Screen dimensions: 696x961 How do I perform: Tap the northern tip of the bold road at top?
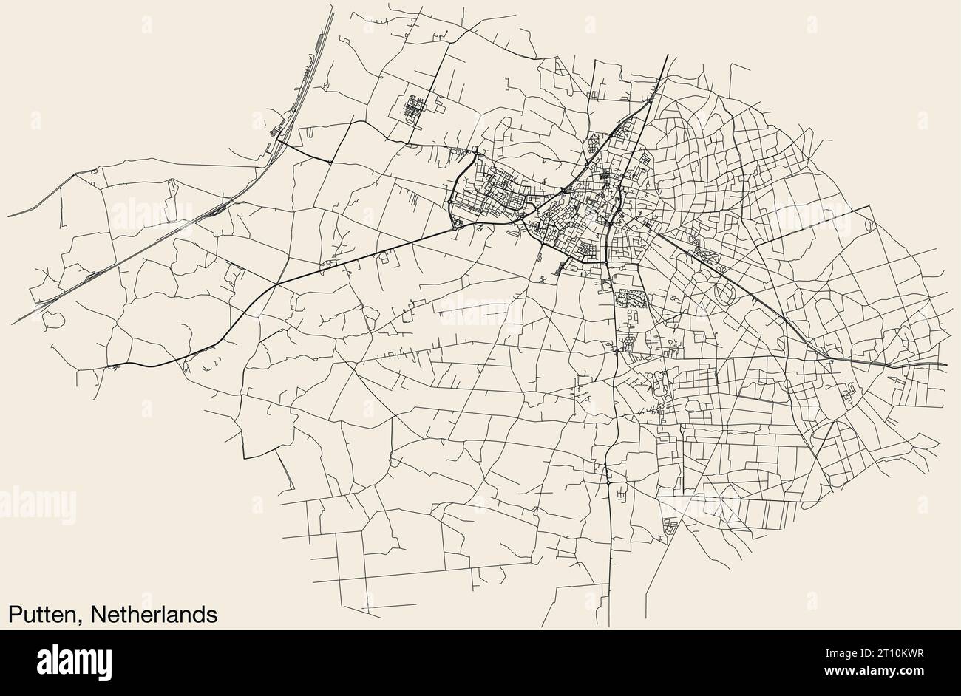click(x=667, y=55)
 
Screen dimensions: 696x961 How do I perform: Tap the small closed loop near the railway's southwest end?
click(x=53, y=318)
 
